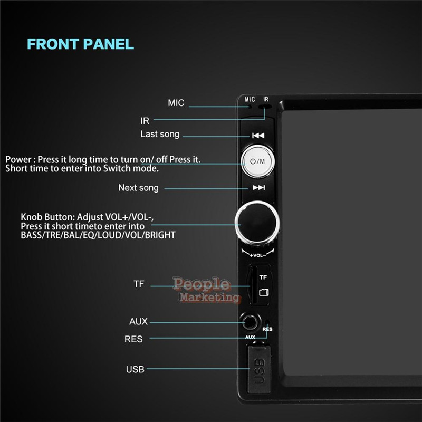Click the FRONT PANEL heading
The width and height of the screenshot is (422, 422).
pos(81,44)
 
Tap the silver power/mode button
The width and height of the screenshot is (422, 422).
pos(257,161)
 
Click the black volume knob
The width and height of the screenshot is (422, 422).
pos(257,223)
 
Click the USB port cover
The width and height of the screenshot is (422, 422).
pos(259,369)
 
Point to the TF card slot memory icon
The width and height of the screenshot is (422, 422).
pos(263,292)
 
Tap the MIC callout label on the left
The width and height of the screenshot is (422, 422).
pos(176,103)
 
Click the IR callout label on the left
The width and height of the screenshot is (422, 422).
pos(145,121)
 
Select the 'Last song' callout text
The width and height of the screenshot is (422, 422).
pos(160,134)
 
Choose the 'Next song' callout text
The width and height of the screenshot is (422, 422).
pos(138,188)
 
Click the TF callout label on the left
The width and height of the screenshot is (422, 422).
pos(139,284)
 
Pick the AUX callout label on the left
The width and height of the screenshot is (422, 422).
pos(138,321)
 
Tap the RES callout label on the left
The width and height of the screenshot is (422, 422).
pos(133,339)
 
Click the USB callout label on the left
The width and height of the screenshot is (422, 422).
pos(135,369)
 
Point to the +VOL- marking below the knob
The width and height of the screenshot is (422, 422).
pos(258,255)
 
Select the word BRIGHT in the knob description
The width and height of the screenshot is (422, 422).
pos(160,235)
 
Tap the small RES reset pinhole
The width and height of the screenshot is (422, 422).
pos(267,322)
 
